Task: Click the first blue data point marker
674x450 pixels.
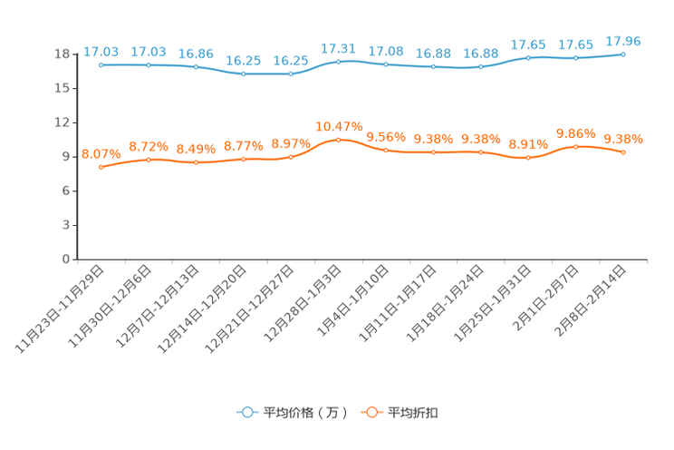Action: point(101,65)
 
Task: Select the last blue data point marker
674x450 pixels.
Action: point(623,54)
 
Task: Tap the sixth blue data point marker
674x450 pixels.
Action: point(338,62)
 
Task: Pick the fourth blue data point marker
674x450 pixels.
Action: point(243,73)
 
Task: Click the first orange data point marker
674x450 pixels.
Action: point(101,167)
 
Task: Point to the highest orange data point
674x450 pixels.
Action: point(338,139)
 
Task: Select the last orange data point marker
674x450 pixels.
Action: point(623,152)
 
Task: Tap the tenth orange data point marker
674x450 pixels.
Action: point(528,158)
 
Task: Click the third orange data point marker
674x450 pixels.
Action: point(196,162)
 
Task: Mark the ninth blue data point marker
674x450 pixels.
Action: point(481,66)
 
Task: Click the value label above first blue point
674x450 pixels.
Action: point(101,51)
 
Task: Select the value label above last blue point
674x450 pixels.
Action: point(623,40)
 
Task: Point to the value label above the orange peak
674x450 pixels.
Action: point(338,126)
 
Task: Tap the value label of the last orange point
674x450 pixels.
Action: point(623,139)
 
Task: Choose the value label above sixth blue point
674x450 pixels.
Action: point(338,46)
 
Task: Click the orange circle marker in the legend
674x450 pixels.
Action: point(371,412)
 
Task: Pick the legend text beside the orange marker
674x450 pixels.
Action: point(413,413)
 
